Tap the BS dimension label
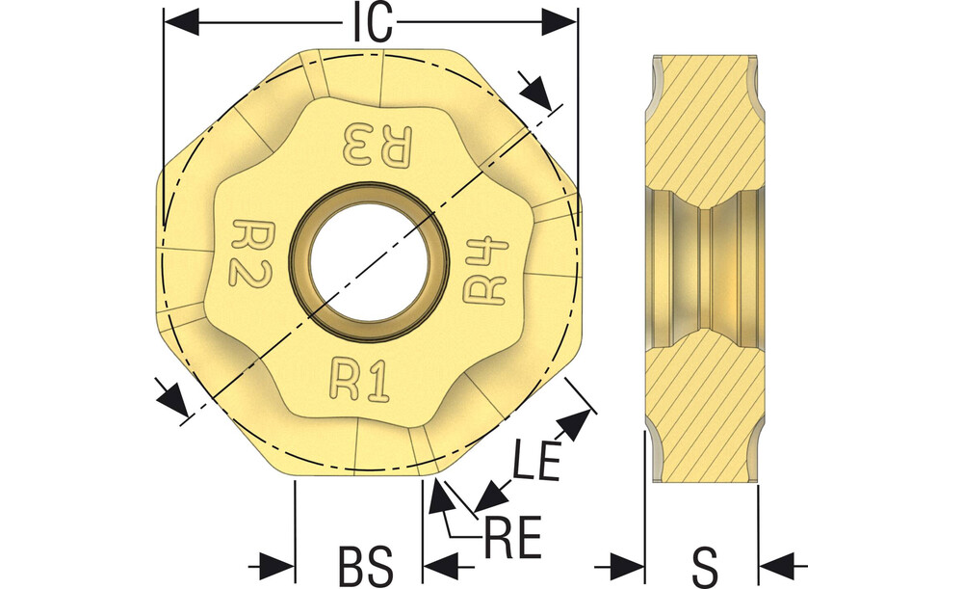coord(367,565)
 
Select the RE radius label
coord(513,537)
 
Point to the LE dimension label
coord(536,459)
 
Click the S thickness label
coord(704,566)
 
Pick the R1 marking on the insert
coord(360,381)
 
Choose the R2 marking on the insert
coord(250,252)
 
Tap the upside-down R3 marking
coord(378,145)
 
